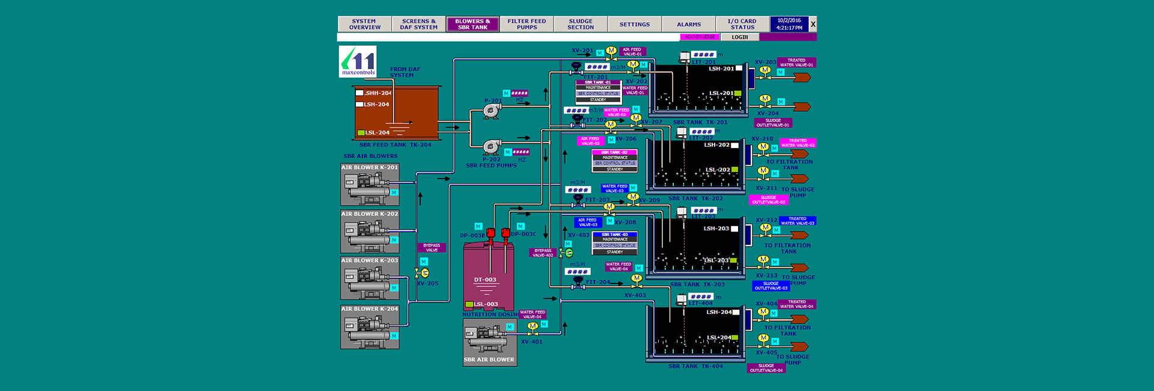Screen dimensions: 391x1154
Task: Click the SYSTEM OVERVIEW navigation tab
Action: point(364,24)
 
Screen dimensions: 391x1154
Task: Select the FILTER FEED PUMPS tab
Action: point(527,24)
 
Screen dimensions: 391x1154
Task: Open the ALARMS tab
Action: point(689,24)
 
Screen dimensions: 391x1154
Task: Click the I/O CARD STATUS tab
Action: point(742,24)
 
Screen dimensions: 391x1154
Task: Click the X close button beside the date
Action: point(813,24)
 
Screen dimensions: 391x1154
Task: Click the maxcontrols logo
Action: point(358,61)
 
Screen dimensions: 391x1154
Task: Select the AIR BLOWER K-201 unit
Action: point(370,184)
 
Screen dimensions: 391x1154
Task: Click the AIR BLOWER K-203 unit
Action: point(370,278)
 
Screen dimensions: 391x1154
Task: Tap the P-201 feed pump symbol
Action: point(492,111)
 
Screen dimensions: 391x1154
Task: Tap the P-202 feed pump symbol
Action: point(492,147)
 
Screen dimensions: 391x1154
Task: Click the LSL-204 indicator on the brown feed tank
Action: point(374,132)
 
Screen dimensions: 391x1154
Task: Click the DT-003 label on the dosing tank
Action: point(485,280)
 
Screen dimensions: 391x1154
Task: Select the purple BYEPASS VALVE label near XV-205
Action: point(432,247)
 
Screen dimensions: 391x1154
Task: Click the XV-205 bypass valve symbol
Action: point(423,273)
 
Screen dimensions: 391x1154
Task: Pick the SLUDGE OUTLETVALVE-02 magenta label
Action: point(768,200)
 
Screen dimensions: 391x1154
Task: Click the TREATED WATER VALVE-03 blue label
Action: point(797,221)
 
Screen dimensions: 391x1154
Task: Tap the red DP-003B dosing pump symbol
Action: point(490,233)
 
